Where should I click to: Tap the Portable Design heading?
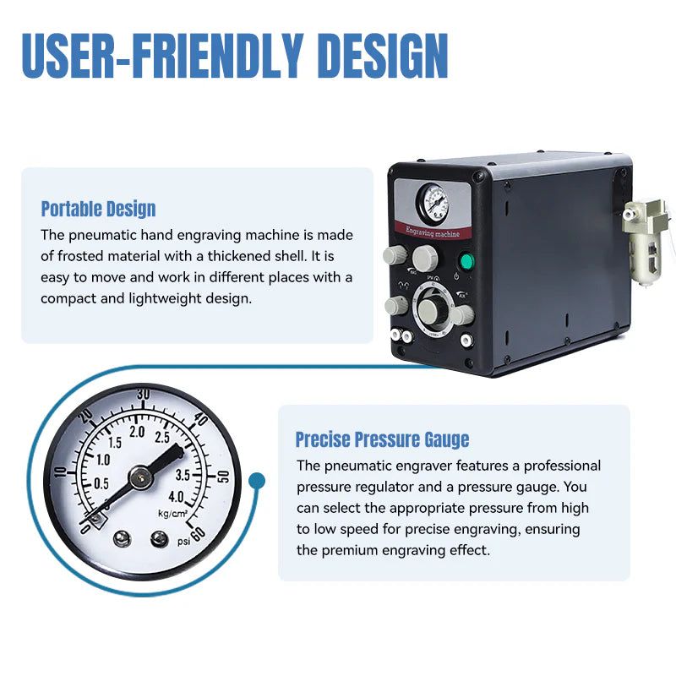point(98,209)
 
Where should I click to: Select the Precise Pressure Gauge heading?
point(383,439)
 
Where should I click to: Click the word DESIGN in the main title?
point(383,56)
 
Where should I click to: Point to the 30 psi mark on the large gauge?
point(144,394)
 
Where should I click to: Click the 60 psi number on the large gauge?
point(198,534)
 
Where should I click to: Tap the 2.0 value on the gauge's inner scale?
point(137,432)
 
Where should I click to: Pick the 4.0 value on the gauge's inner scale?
point(176,497)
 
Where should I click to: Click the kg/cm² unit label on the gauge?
point(173,514)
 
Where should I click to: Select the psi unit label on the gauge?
point(183,541)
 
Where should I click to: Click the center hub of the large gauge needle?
point(141,477)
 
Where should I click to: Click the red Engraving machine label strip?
point(433,231)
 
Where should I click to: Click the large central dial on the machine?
point(433,309)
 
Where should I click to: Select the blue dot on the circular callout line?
point(257,480)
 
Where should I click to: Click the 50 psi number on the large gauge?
point(223,477)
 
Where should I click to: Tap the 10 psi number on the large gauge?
point(61,472)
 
